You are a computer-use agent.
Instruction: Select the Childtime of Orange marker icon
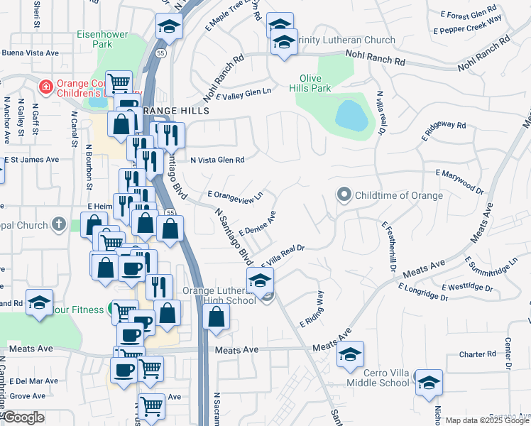(x=345, y=195)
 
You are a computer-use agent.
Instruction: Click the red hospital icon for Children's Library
(x=45, y=87)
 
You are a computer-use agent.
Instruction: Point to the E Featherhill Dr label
(x=389, y=246)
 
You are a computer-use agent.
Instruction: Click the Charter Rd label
(x=477, y=354)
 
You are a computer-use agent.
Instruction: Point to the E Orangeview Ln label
(x=236, y=194)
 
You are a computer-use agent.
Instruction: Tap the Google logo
(x=23, y=417)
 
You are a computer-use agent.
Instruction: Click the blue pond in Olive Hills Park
(x=351, y=115)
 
